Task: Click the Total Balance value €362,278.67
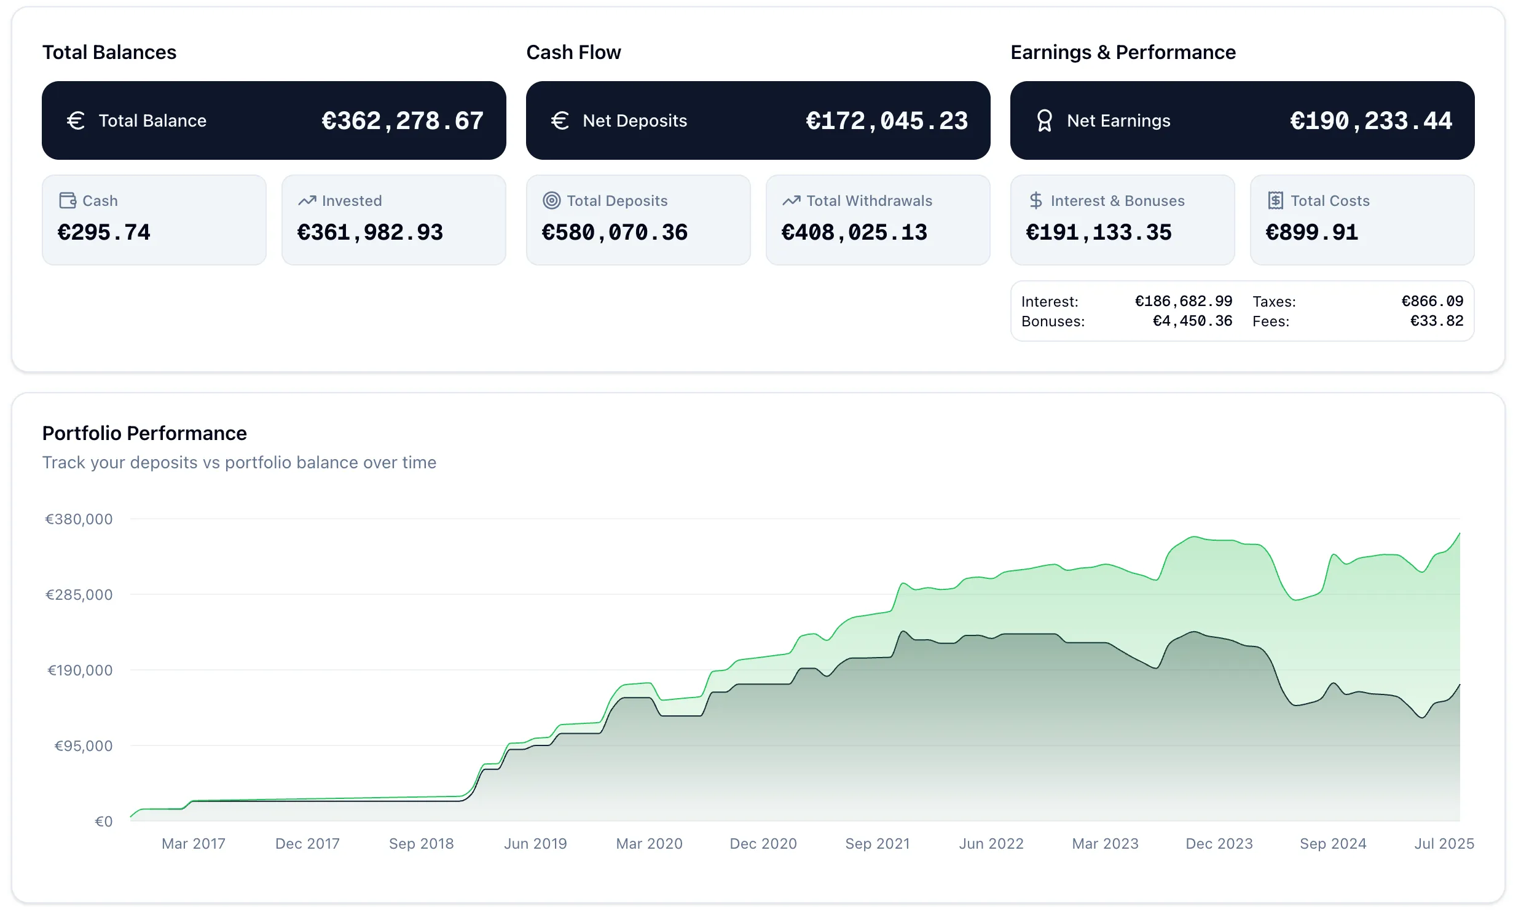click(x=403, y=121)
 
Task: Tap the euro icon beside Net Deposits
click(x=560, y=120)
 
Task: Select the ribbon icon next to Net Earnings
click(x=1044, y=120)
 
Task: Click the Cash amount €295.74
click(x=104, y=232)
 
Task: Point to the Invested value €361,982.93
click(x=370, y=232)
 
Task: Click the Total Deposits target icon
click(x=552, y=200)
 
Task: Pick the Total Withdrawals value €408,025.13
click(x=854, y=232)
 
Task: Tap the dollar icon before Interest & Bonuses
click(x=1036, y=200)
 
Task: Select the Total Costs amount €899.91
click(x=1311, y=232)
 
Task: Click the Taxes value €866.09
click(x=1432, y=301)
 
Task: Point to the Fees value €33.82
click(x=1436, y=321)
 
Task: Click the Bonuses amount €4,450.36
click(x=1192, y=321)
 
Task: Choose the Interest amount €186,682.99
click(x=1183, y=301)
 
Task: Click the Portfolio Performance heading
click(x=144, y=433)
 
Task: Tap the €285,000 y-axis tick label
click(x=79, y=595)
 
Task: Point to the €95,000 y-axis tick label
click(x=84, y=746)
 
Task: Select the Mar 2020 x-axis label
click(x=649, y=844)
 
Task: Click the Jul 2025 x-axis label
click(x=1444, y=844)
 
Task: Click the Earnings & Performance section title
click(x=1123, y=52)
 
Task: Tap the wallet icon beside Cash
click(x=68, y=200)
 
